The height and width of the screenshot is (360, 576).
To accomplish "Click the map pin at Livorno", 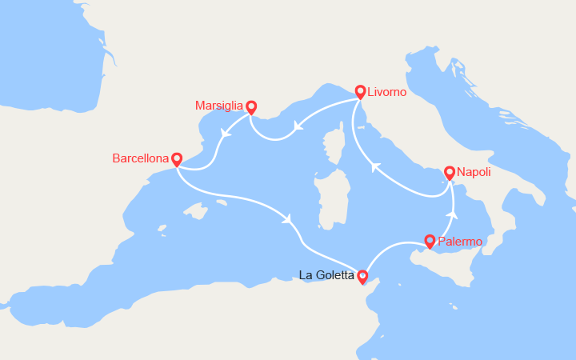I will (361, 92).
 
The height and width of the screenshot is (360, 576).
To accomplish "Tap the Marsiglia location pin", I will (251, 106).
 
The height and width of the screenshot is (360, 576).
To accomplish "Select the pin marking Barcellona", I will (177, 159).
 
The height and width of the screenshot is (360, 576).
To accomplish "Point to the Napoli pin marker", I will (450, 172).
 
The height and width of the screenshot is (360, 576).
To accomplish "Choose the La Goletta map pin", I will (362, 276).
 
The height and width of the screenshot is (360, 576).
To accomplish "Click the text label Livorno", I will (388, 93).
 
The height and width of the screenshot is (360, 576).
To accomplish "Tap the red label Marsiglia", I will (219, 106).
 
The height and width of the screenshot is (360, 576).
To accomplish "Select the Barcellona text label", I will (141, 158).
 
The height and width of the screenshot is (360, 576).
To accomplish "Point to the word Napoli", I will (475, 172).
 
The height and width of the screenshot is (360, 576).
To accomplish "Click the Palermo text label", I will (462, 241).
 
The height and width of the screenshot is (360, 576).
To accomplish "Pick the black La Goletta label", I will (326, 275).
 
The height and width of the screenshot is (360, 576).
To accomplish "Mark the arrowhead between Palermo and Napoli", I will (453, 214).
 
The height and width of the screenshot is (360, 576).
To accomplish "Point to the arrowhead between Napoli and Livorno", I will (372, 167).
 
